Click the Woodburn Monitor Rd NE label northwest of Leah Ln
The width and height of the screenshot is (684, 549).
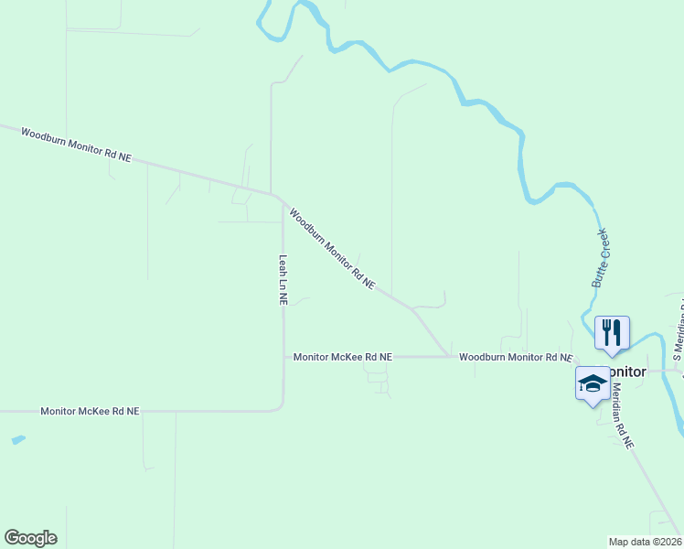77,145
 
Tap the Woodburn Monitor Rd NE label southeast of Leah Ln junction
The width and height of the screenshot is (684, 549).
332,249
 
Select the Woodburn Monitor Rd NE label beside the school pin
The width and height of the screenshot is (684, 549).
515,356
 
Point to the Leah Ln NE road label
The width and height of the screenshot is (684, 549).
283,280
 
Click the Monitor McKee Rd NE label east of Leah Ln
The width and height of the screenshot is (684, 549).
342,357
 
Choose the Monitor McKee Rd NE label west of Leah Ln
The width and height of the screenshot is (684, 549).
90,412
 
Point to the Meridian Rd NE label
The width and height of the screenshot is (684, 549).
622,414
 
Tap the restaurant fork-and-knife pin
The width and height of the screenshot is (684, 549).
612,333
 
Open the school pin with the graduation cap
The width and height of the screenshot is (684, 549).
593,383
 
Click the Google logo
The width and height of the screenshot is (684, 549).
30,538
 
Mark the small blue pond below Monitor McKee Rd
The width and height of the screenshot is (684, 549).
18,439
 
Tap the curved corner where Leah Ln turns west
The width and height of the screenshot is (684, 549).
281,407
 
